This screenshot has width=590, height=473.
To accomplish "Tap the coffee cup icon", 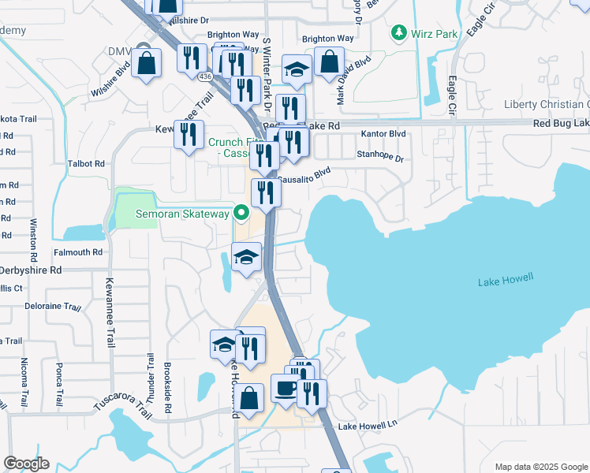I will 285,387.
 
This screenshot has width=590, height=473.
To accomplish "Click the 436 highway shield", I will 205,76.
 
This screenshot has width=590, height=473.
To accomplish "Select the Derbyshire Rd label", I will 32,269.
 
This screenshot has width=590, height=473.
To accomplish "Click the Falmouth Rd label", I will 77,252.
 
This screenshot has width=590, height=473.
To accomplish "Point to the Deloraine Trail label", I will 53,306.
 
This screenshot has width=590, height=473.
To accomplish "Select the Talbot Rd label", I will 88,163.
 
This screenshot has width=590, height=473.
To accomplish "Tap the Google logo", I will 26,464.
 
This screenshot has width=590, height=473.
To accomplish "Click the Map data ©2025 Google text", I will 541,467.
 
